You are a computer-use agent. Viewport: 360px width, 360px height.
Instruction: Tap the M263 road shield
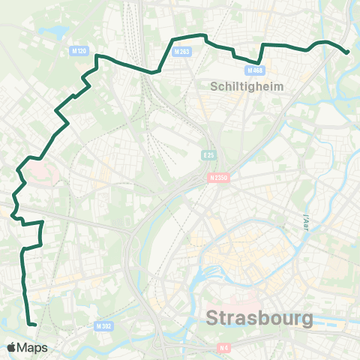pos(181,52)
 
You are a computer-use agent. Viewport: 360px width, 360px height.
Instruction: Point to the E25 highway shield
pos(208,154)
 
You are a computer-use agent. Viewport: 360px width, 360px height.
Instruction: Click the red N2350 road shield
pos(217,178)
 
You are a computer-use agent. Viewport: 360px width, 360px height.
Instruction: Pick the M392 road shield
pos(103,327)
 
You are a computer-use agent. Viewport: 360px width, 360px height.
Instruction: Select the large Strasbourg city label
pos(259,318)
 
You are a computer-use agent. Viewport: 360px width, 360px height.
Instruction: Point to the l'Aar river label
pos(305,221)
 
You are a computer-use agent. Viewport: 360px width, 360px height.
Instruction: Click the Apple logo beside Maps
pos(12,348)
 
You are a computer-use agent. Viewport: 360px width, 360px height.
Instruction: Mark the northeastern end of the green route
pos(347,52)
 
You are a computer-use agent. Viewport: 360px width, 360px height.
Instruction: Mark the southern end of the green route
pos(34,324)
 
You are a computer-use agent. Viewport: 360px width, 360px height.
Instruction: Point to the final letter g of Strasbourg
pos(307,320)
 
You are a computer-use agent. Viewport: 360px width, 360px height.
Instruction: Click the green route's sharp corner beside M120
pos(95,55)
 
